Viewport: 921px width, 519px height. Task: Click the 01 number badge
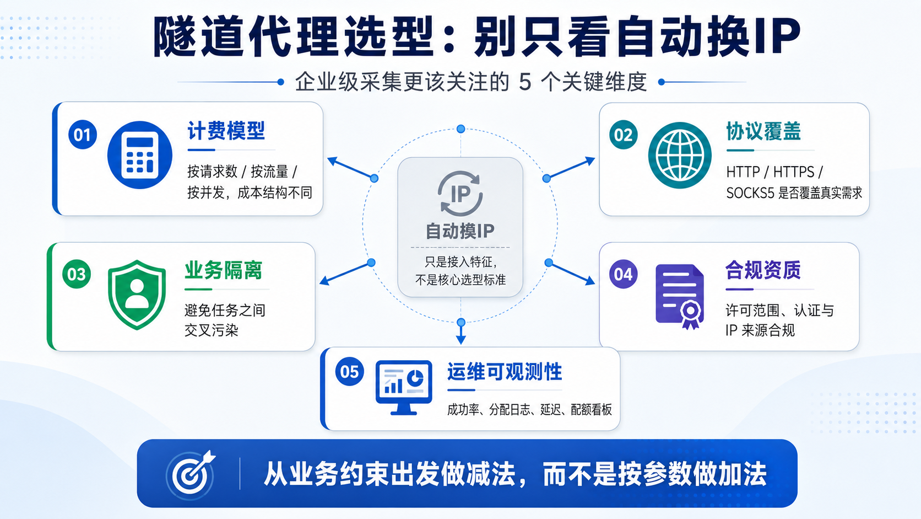[82, 135]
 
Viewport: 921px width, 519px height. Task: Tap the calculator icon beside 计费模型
[139, 155]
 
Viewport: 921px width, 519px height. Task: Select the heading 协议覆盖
[763, 131]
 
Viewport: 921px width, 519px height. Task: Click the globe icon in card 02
[680, 155]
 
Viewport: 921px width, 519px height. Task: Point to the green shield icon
[137, 295]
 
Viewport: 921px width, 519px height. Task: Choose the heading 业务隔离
[223, 270]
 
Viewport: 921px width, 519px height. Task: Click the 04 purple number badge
[624, 274]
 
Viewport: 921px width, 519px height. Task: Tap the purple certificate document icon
[680, 296]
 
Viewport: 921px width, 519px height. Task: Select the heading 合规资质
[763, 270]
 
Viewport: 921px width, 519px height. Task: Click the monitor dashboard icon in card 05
[403, 387]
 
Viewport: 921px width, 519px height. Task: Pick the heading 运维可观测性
[505, 372]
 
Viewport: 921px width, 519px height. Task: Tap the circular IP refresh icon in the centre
[460, 194]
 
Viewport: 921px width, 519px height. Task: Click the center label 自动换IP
[460, 231]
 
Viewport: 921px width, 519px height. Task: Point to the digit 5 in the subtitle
[525, 82]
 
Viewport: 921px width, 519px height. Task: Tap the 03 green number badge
[77, 274]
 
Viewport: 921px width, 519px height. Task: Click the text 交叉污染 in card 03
[212, 330]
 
